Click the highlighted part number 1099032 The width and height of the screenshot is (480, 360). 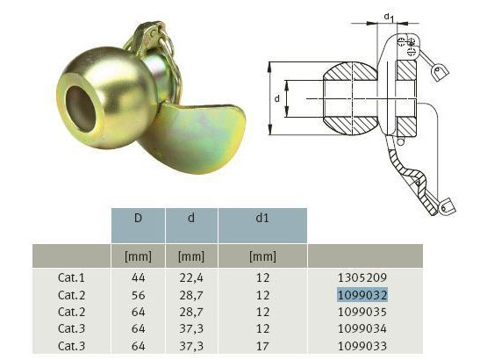tap(362, 295)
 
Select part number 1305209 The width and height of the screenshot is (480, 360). tap(362, 277)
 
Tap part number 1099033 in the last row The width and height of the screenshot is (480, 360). tap(362, 346)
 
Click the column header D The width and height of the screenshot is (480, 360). tap(138, 218)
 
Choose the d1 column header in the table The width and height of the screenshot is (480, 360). tap(262, 218)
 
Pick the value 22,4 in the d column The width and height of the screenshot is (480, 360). tap(191, 277)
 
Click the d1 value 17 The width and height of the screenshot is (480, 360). tap(262, 346)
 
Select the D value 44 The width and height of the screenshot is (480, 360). tap(138, 277)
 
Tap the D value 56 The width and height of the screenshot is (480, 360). tap(138, 295)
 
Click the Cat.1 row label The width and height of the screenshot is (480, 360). tap(71, 277)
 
